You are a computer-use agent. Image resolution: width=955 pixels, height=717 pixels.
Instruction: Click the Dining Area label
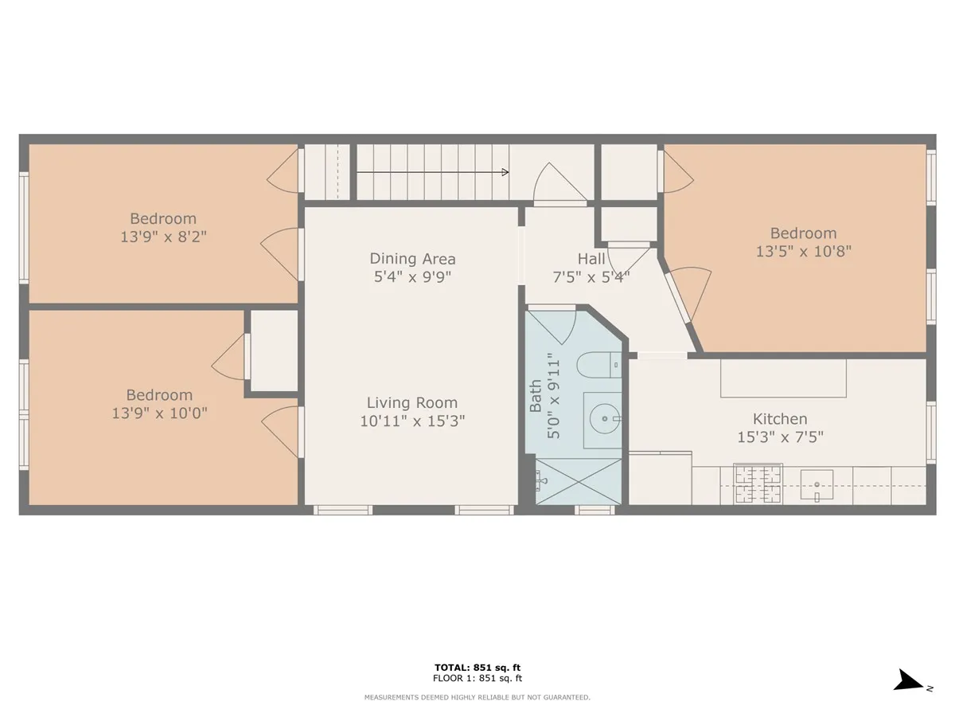pyautogui.click(x=412, y=259)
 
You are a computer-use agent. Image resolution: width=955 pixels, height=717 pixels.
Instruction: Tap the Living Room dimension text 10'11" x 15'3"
pyautogui.click(x=412, y=421)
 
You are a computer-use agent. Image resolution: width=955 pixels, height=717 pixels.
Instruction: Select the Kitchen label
pyautogui.click(x=780, y=419)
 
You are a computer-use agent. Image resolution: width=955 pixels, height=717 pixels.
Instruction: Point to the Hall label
pyautogui.click(x=591, y=259)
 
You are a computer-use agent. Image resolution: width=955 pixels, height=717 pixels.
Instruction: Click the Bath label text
pyautogui.click(x=536, y=396)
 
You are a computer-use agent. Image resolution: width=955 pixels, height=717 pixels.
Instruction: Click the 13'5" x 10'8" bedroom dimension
pyautogui.click(x=803, y=251)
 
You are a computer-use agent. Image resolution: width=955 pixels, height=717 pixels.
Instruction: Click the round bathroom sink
pyautogui.click(x=605, y=417)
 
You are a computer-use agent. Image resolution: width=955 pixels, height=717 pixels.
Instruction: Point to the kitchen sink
pyautogui.click(x=817, y=484)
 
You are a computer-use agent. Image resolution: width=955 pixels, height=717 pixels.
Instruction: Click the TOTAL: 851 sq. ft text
pyautogui.click(x=477, y=668)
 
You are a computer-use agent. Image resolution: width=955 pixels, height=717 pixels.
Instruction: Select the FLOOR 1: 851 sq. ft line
pyautogui.click(x=477, y=679)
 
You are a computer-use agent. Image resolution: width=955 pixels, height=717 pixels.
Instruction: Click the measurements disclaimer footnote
pyautogui.click(x=477, y=697)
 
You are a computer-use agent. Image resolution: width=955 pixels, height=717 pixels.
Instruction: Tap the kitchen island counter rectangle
pyautogui.click(x=783, y=378)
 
